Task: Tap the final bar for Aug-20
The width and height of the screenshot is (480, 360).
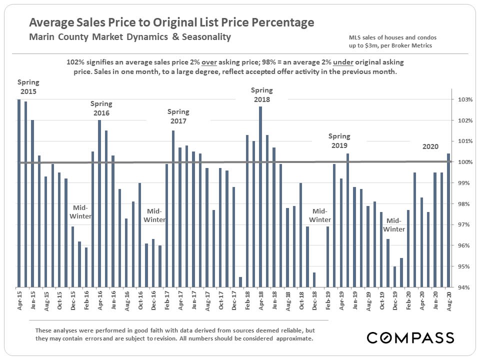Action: (x=448, y=220)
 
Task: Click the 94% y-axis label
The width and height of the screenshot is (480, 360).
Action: (x=462, y=287)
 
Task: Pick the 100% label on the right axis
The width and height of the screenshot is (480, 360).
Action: (x=462, y=162)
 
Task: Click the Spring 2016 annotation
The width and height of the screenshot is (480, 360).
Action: (x=101, y=108)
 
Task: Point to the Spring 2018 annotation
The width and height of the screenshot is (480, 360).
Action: (x=261, y=94)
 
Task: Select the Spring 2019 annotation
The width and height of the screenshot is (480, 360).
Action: (x=339, y=140)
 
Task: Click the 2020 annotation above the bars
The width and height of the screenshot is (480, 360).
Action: (x=430, y=146)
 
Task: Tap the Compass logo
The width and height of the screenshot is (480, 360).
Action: (x=410, y=337)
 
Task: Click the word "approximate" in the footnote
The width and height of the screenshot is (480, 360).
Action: (x=294, y=338)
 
